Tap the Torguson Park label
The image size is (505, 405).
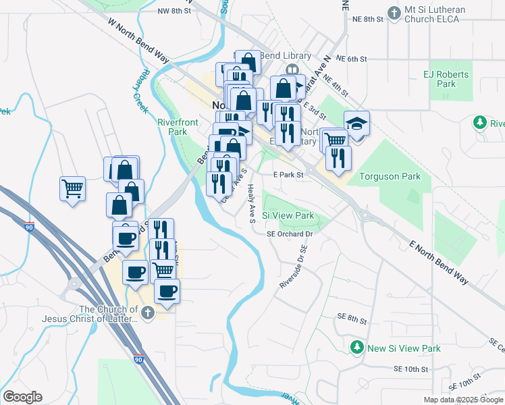click(x=391, y=177)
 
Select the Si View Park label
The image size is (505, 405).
click(x=288, y=216)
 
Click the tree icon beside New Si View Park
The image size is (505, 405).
click(x=357, y=348)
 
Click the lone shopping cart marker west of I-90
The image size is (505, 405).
click(x=72, y=188)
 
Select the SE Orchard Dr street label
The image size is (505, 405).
click(x=292, y=234)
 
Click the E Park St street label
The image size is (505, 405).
click(x=289, y=174)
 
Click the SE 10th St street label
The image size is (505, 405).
click(x=411, y=369)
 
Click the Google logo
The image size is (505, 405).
click(x=23, y=397)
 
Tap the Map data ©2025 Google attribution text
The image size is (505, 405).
click(x=462, y=400)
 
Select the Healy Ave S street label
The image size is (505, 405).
click(x=250, y=204)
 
